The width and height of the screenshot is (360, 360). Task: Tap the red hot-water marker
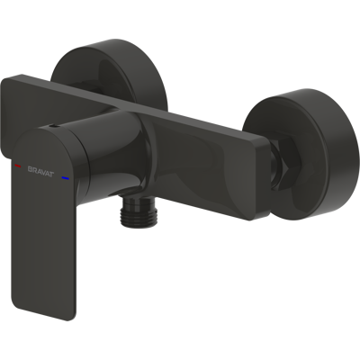(18, 166)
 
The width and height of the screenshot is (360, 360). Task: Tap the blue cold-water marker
(65, 179)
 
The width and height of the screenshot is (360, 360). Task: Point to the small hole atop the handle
(53, 127)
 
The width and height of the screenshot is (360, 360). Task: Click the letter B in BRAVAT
(30, 169)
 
